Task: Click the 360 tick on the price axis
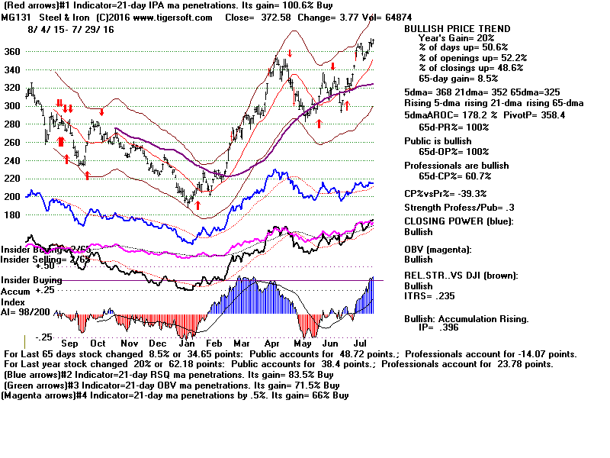[x=12, y=52]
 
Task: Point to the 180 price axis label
[x=12, y=214]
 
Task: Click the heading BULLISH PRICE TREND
[x=457, y=29]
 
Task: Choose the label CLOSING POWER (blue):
[x=458, y=222]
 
